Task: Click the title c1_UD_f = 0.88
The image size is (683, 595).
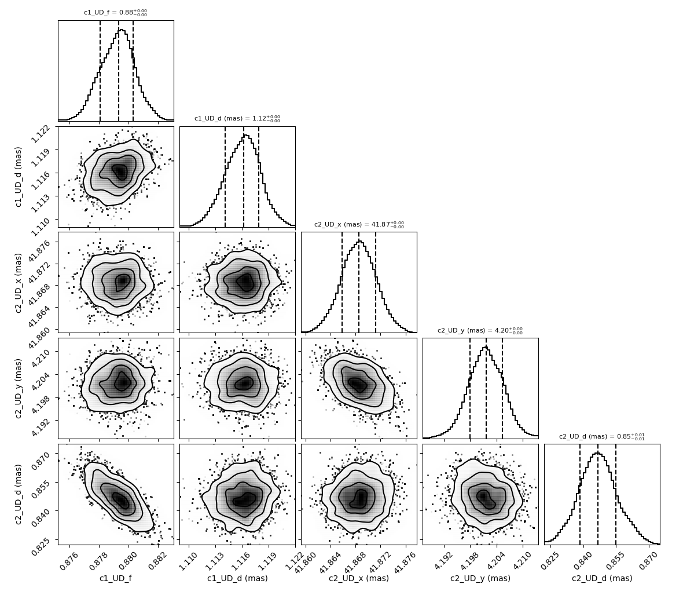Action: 115,13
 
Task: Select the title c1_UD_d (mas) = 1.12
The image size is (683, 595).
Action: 237,119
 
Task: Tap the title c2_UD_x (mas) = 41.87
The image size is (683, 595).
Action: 359,224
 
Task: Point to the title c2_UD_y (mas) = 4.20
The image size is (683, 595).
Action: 480,330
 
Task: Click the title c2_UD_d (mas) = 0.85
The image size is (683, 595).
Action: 602,436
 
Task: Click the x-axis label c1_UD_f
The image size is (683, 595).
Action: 116,578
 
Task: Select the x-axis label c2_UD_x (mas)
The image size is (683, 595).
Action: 359,578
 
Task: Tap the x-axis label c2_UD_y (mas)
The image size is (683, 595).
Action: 480,578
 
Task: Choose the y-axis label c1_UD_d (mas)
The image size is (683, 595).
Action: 19,177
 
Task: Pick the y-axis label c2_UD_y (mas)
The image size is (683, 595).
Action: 19,388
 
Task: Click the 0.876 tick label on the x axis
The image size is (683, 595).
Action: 71,560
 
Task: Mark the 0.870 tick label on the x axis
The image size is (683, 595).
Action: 649,560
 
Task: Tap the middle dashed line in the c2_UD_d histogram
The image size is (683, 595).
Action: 597,494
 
